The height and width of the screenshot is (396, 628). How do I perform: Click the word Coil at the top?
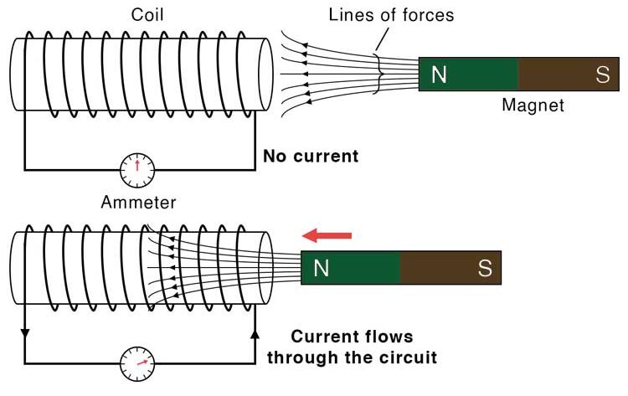pyautogui.click(x=147, y=15)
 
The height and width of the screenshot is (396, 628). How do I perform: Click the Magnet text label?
pyautogui.click(x=533, y=105)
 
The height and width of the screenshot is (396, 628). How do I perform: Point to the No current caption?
pyautogui.click(x=311, y=156)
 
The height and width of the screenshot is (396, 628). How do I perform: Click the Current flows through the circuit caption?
pyautogui.click(x=352, y=347)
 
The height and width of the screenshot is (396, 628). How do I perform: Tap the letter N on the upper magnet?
pyautogui.click(x=439, y=75)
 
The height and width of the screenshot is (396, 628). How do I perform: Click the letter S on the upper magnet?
pyautogui.click(x=601, y=75)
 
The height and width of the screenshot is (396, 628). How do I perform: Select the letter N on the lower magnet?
pyautogui.click(x=321, y=268)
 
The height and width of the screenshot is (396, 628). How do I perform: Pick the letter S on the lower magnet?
pyautogui.click(x=484, y=268)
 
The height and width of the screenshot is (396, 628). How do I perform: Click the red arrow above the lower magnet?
pyautogui.click(x=327, y=235)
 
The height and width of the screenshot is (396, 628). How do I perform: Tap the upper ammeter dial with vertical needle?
pyautogui.click(x=137, y=170)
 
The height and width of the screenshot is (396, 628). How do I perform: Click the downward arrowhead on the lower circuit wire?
pyautogui.click(x=24, y=333)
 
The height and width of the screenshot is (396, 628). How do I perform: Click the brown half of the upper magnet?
pyautogui.click(x=569, y=75)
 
